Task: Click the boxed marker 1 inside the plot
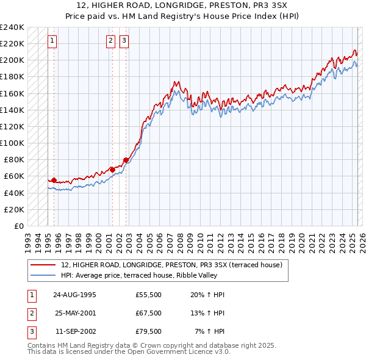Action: [x=52, y=41]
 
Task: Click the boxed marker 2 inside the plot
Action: [x=110, y=41]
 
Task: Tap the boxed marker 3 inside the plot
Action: [x=124, y=41]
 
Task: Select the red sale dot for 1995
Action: [x=54, y=180]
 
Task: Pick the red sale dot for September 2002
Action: [x=126, y=160]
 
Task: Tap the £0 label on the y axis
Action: [x=19, y=226]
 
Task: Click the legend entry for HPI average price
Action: [x=145, y=276]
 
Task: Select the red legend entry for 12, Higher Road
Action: [x=171, y=265]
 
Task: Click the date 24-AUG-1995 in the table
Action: [x=75, y=295]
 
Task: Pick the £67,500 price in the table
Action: [x=149, y=313]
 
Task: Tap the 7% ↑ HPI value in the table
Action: [x=209, y=331]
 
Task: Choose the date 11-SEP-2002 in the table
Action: [x=75, y=331]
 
